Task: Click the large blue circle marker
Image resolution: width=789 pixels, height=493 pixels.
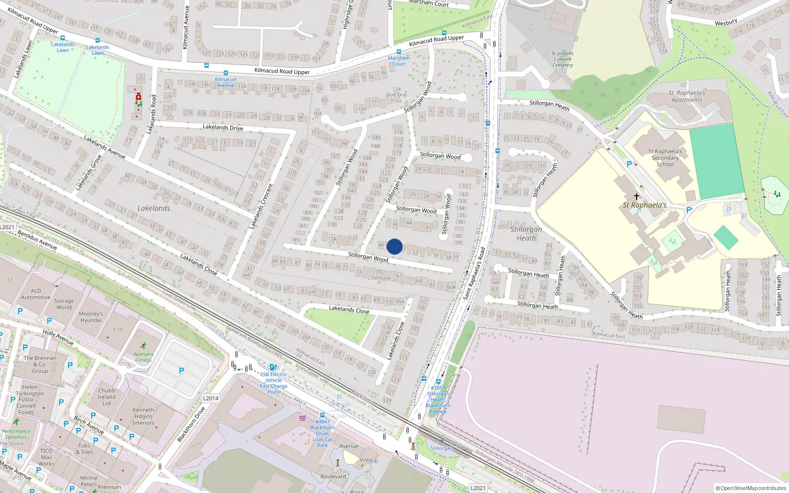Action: (394, 246)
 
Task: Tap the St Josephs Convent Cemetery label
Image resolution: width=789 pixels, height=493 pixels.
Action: (563, 59)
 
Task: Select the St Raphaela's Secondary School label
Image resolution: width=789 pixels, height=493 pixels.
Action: (665, 158)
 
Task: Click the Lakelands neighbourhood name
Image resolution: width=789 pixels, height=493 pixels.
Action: (154, 209)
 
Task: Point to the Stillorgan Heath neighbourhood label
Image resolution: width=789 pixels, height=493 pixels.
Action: (526, 233)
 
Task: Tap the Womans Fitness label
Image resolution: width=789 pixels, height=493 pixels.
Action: (143, 357)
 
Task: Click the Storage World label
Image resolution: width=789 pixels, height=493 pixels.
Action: (64, 304)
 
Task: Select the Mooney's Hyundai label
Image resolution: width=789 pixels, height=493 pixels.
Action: (91, 317)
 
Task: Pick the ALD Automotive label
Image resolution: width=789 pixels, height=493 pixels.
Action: (36, 294)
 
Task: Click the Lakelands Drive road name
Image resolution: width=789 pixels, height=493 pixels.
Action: (223, 127)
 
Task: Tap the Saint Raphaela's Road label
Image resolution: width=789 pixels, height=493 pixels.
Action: (474, 273)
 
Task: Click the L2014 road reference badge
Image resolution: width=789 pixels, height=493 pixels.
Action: (211, 398)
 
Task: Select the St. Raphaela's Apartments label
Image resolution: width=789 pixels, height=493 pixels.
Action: (686, 96)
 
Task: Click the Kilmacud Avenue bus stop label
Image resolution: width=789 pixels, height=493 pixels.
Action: (225, 82)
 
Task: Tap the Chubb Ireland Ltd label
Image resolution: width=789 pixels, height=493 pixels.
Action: (107, 397)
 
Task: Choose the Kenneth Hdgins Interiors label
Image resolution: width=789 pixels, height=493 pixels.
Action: (143, 416)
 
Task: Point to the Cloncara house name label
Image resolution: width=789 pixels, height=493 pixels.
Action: (379, 278)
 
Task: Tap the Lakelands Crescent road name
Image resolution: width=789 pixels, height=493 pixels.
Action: (261, 206)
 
